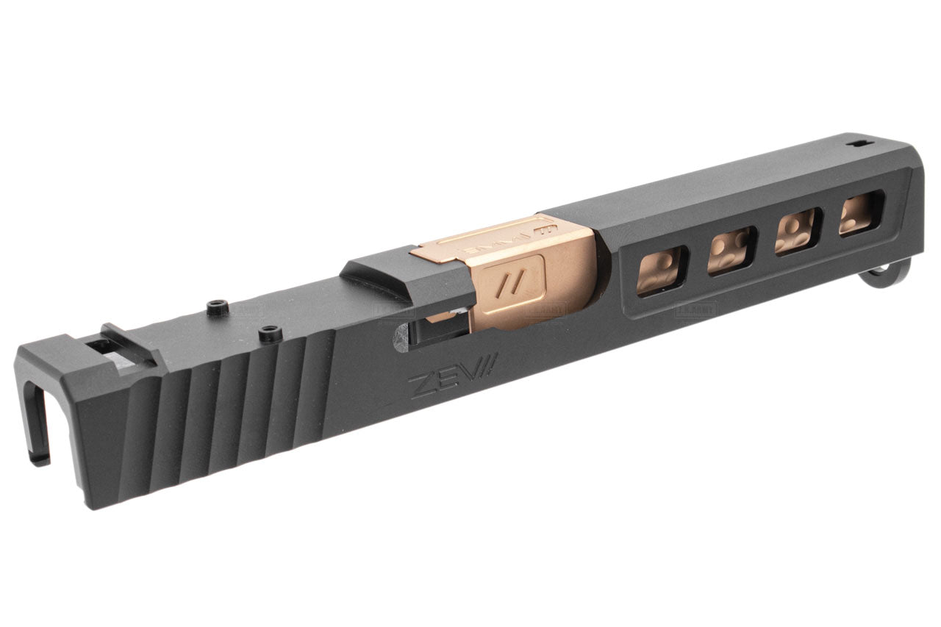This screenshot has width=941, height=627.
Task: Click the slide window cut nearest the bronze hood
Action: click(x=662, y=271)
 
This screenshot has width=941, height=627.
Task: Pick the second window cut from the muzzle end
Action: click(x=797, y=232)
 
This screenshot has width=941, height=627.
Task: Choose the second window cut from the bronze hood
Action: click(x=730, y=251)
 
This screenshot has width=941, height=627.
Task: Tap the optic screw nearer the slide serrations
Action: click(x=271, y=333)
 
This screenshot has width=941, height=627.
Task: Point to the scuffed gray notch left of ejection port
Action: click(x=400, y=337)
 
